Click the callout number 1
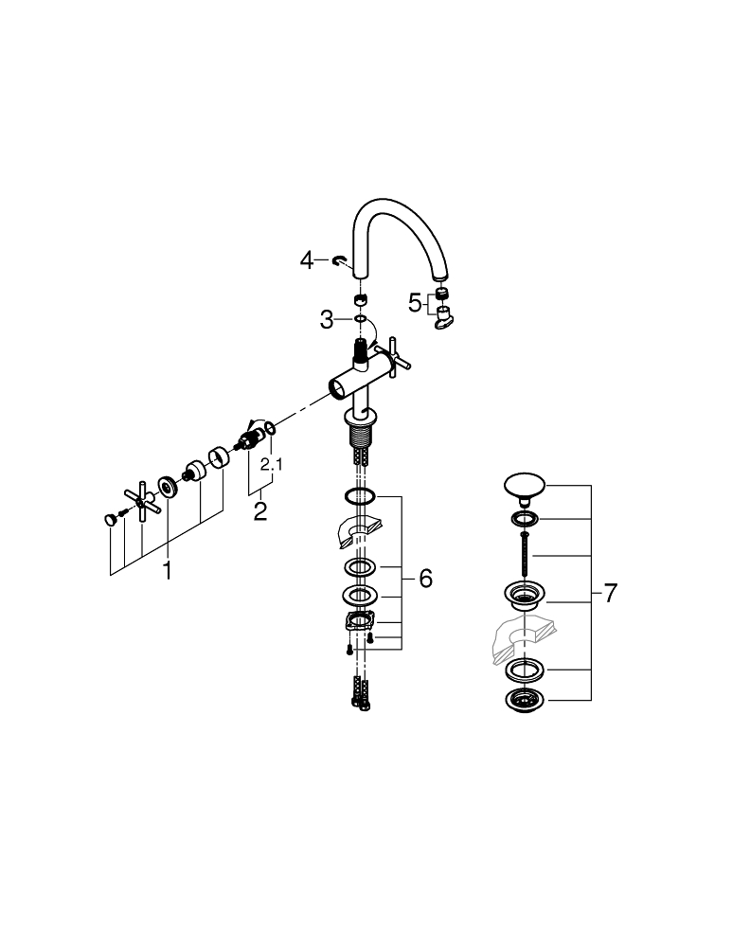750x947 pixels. [x=168, y=570]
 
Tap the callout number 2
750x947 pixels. [x=259, y=511]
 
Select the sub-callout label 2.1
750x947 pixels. [x=271, y=464]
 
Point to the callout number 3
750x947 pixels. [x=326, y=319]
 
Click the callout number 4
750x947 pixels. [x=307, y=261]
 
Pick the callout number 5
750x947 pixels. [x=414, y=303]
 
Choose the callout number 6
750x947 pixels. [x=426, y=578]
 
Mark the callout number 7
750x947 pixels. [x=611, y=593]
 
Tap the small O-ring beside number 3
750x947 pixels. [x=361, y=318]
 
